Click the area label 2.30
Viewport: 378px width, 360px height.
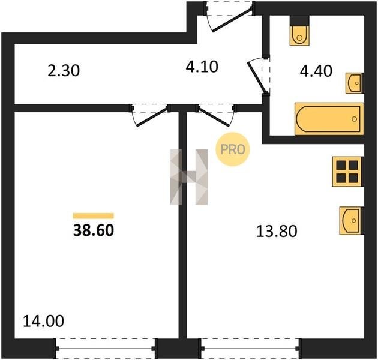[64, 71]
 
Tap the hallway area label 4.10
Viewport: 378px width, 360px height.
[202, 67]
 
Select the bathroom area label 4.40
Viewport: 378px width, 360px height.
[316, 71]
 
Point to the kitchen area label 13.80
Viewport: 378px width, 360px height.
[277, 231]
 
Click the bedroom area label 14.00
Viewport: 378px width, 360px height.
[44, 321]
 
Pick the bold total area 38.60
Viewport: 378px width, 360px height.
[94, 230]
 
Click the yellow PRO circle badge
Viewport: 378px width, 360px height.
[233, 149]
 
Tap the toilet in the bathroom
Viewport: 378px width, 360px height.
[299, 31]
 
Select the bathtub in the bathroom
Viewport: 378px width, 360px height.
[329, 119]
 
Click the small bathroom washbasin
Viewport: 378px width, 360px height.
[355, 83]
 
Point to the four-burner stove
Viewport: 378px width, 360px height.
[348, 172]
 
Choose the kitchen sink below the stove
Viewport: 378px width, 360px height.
[352, 221]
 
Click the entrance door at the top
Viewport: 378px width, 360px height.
[230, 16]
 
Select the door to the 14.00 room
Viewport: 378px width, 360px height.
[150, 115]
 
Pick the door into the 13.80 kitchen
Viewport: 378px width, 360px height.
[216, 115]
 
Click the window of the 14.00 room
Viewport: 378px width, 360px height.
[106, 349]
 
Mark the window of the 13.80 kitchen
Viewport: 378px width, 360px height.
[250, 349]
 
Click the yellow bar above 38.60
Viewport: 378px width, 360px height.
[93, 216]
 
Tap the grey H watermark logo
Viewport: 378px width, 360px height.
[189, 177]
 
